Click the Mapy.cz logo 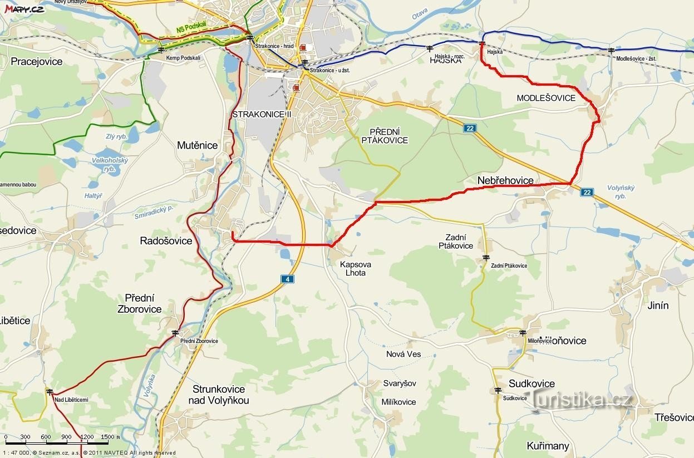pyautogui.click(x=24, y=8)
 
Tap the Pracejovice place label pyautogui.click(x=37, y=61)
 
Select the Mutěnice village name pyautogui.click(x=197, y=145)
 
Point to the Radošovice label pyautogui.click(x=166, y=241)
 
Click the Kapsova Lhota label pyautogui.click(x=356, y=269)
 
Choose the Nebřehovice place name pyautogui.click(x=505, y=180)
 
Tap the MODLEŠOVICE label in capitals pyautogui.click(x=546, y=98)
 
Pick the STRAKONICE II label pyautogui.click(x=262, y=114)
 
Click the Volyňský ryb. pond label pyautogui.click(x=621, y=192)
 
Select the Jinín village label pyautogui.click(x=658, y=306)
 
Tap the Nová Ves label pyautogui.click(x=403, y=354)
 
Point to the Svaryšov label pyautogui.click(x=399, y=383)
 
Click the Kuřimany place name pyautogui.click(x=548, y=446)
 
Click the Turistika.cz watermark pyautogui.click(x=582, y=399)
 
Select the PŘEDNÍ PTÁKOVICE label pyautogui.click(x=385, y=136)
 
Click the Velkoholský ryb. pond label pyautogui.click(x=110, y=164)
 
